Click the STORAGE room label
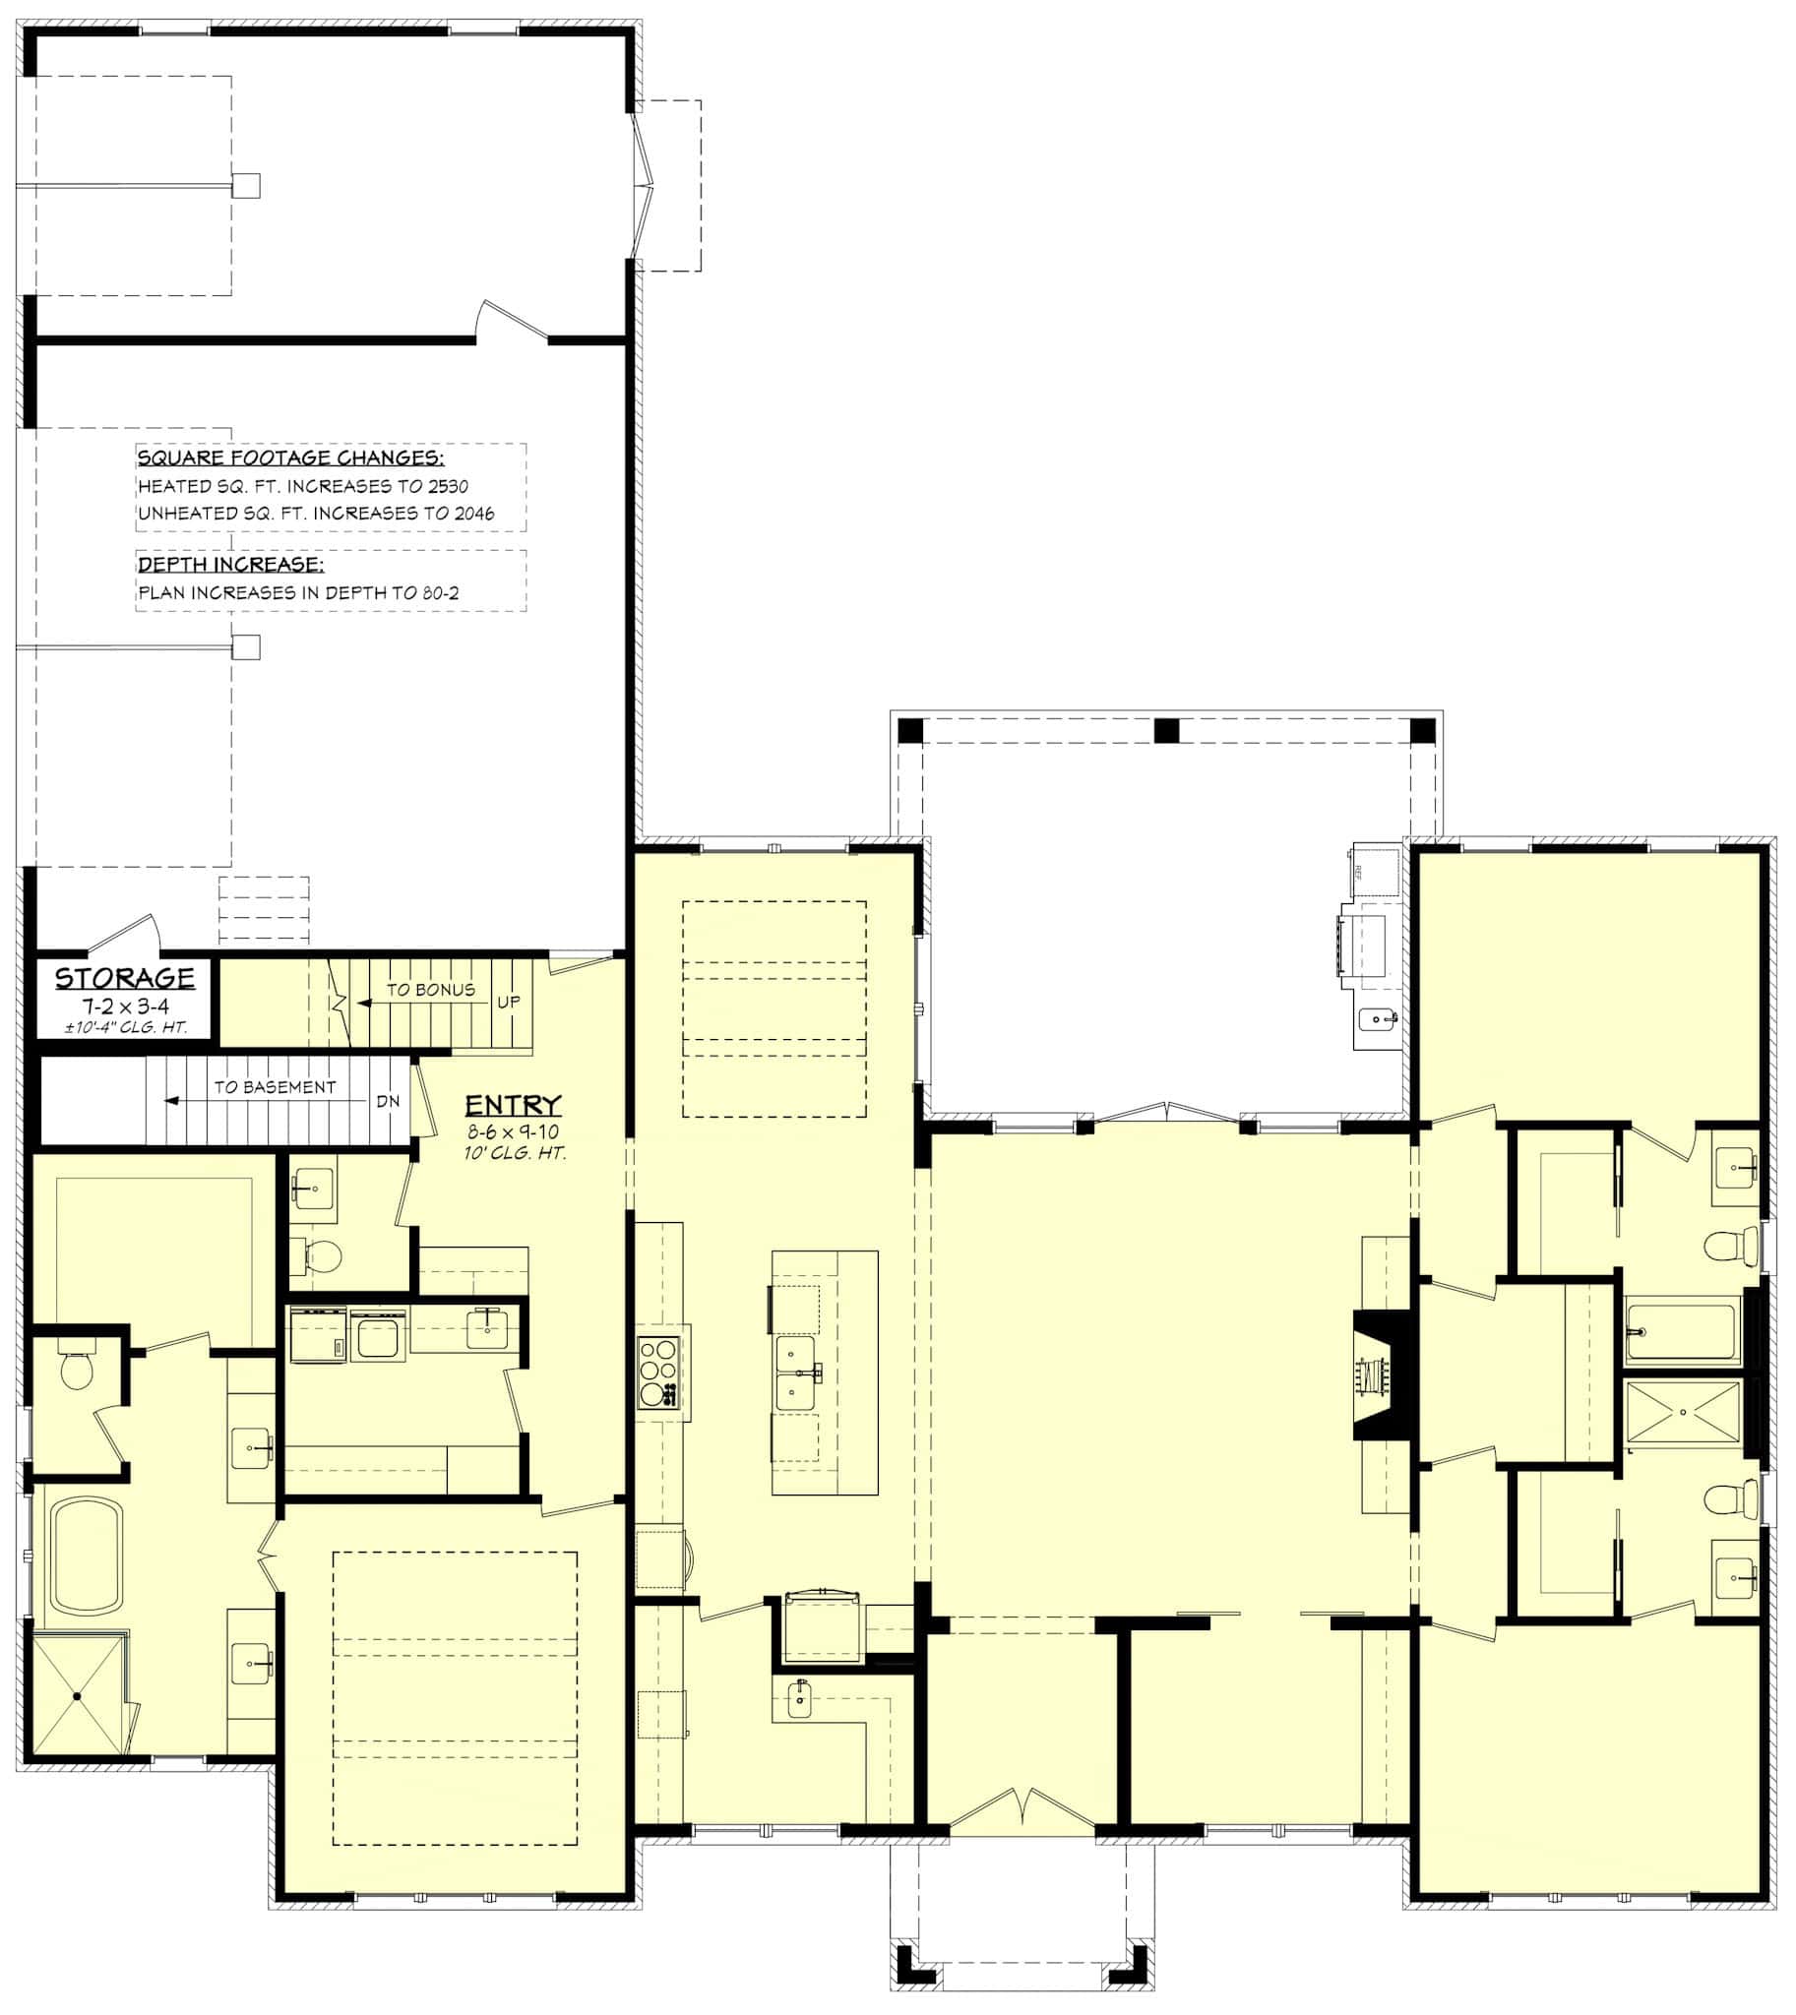124,978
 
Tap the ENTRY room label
513,1105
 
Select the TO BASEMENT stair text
276,1087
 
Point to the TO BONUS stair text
430,990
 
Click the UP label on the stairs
508,1002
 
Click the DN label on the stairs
388,1101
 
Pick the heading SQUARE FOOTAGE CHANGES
291,458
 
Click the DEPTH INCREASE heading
231,565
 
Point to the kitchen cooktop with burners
659,1372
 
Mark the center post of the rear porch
1167,731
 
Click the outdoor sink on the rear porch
1378,1017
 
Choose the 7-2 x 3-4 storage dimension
125,1007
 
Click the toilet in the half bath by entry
322,1256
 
